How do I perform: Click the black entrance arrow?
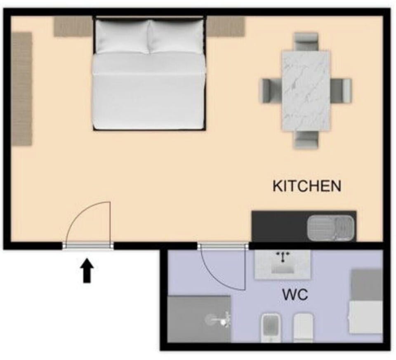[x=87, y=271]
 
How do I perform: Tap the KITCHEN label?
[x=307, y=186]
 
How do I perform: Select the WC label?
[x=295, y=294]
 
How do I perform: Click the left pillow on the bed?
[x=123, y=36]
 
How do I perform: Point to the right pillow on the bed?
[x=176, y=36]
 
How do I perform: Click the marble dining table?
[x=306, y=91]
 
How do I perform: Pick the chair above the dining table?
[x=306, y=42]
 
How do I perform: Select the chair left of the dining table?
[x=271, y=91]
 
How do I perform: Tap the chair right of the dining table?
[x=341, y=91]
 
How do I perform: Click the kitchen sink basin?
[x=330, y=228]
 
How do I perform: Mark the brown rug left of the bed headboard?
[x=73, y=26]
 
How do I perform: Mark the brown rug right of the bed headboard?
[x=226, y=26]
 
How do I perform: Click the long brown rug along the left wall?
[x=22, y=89]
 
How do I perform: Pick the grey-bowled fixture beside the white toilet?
[x=270, y=327]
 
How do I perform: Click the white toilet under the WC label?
[x=304, y=327]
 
